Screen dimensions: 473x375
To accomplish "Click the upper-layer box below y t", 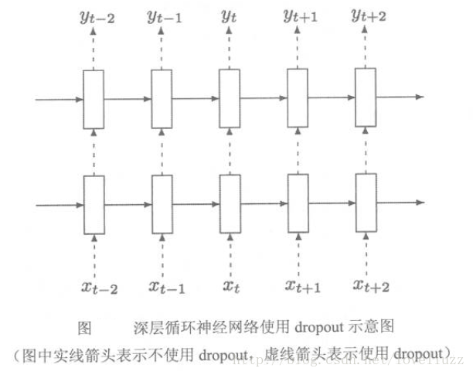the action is point(229,99).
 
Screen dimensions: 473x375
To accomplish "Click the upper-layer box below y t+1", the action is point(297,99).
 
